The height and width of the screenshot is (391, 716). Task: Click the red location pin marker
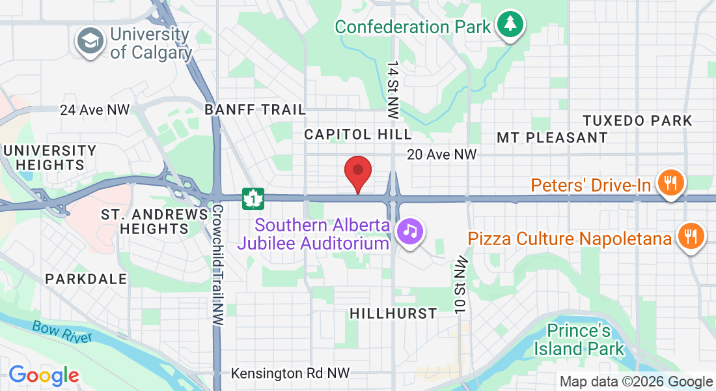click(x=357, y=173)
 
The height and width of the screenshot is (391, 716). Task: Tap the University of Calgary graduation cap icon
click(x=90, y=41)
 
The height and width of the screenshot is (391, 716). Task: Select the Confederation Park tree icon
click(x=511, y=25)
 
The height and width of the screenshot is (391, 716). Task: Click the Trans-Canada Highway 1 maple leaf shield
click(x=253, y=199)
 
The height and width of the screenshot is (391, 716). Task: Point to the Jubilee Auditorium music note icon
click(x=410, y=230)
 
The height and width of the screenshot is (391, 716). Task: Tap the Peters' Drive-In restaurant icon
click(x=669, y=182)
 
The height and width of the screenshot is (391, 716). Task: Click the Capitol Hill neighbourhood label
click(x=359, y=134)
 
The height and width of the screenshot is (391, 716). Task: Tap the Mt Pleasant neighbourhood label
click(x=552, y=138)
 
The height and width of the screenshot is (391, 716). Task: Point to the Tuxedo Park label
click(x=637, y=121)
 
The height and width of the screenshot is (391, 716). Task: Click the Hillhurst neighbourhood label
click(x=393, y=313)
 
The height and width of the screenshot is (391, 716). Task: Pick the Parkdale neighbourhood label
click(x=86, y=279)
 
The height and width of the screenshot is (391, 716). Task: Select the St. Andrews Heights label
click(x=154, y=222)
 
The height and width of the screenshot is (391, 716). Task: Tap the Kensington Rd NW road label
click(x=290, y=373)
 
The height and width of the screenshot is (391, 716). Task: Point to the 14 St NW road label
click(x=392, y=90)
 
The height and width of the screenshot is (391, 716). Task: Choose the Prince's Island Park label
click(x=579, y=340)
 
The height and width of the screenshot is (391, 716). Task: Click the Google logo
click(x=44, y=375)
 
